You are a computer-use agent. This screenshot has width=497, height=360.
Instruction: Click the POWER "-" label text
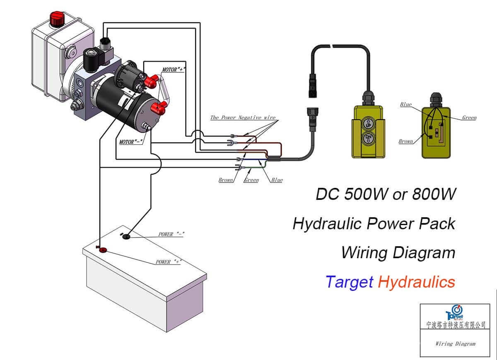click(x=171, y=234)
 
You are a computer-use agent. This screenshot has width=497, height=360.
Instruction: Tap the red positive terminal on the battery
click(x=102, y=250)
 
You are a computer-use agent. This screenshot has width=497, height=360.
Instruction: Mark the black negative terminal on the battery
click(x=126, y=236)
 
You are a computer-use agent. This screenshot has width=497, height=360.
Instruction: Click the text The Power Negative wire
click(x=242, y=118)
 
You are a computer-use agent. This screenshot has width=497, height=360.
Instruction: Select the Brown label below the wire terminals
click(x=226, y=180)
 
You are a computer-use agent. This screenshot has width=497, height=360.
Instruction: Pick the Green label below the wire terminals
click(x=251, y=180)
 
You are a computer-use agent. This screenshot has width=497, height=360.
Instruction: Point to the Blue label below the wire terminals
click(x=277, y=180)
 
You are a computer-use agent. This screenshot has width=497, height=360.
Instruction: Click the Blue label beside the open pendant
click(x=406, y=105)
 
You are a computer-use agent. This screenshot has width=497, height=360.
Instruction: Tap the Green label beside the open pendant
click(x=469, y=118)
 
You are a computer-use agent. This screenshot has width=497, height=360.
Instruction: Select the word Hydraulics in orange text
click(x=416, y=282)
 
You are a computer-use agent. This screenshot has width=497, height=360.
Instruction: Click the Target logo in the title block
click(x=454, y=313)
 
